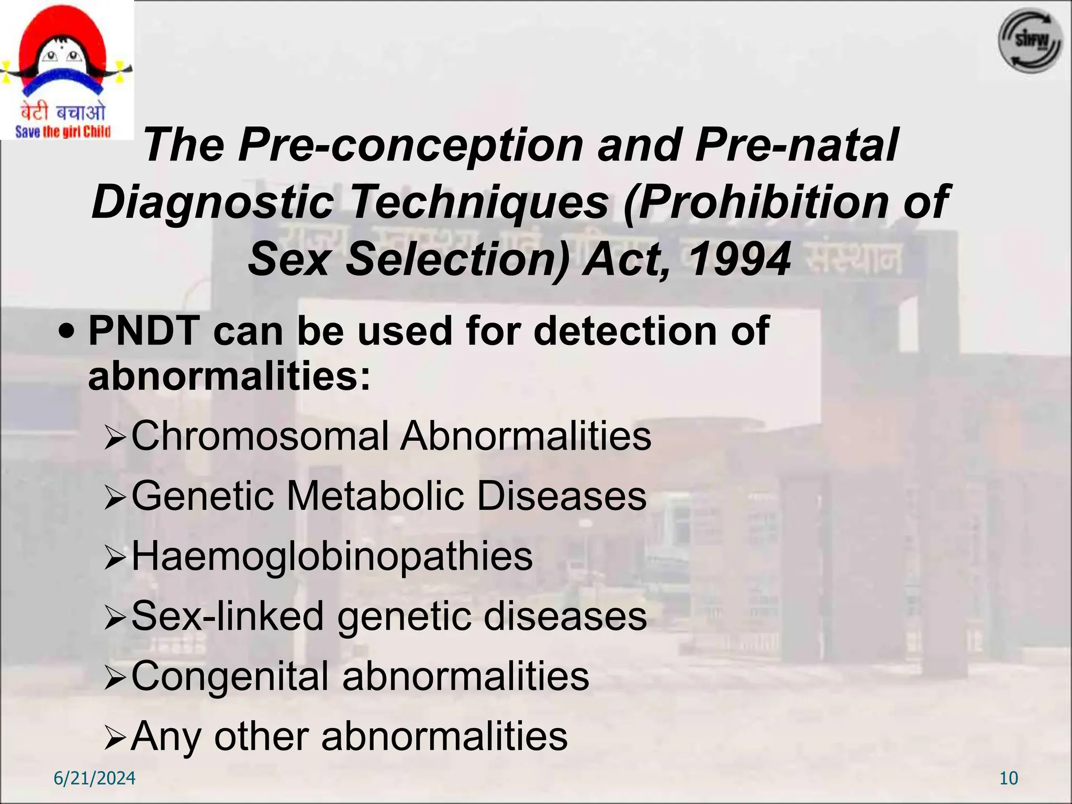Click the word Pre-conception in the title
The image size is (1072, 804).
coord(410,145)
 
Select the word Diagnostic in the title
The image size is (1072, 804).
coord(213,202)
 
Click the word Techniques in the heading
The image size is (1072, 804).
coord(479,202)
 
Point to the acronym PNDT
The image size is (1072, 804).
coord(144,331)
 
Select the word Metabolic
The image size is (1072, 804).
coord(375,496)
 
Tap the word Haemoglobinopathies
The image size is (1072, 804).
coord(332,556)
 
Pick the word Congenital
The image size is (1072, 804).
coord(230,676)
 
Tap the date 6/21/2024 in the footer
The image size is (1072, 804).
coord(95,778)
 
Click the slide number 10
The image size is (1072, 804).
coord(1009,778)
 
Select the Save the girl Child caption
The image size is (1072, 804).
coord(63,131)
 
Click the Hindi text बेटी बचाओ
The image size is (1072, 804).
coord(63,111)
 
